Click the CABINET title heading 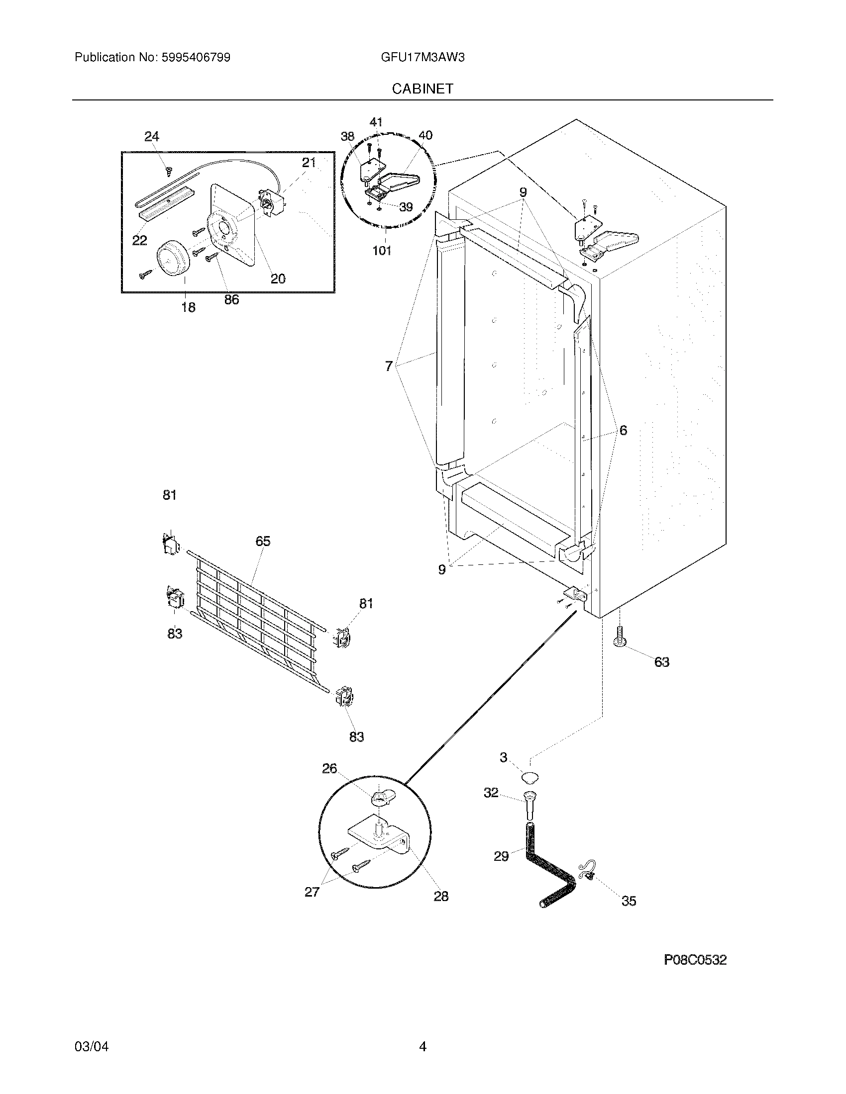pyautogui.click(x=423, y=89)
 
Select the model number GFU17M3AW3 pyautogui.click(x=423, y=58)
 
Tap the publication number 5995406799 pyautogui.click(x=196, y=58)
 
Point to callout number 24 pyautogui.click(x=152, y=136)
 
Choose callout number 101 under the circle pyautogui.click(x=381, y=251)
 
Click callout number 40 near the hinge pyautogui.click(x=425, y=135)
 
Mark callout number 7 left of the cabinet pyautogui.click(x=389, y=366)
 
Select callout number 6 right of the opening pyautogui.click(x=623, y=430)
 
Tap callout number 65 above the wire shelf pyautogui.click(x=263, y=541)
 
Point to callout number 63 pyautogui.click(x=661, y=662)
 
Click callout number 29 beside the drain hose pyautogui.click(x=501, y=856)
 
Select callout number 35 pyautogui.click(x=629, y=901)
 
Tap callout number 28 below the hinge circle pyautogui.click(x=440, y=896)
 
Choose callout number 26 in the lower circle pyautogui.click(x=329, y=768)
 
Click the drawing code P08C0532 pyautogui.click(x=695, y=960)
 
